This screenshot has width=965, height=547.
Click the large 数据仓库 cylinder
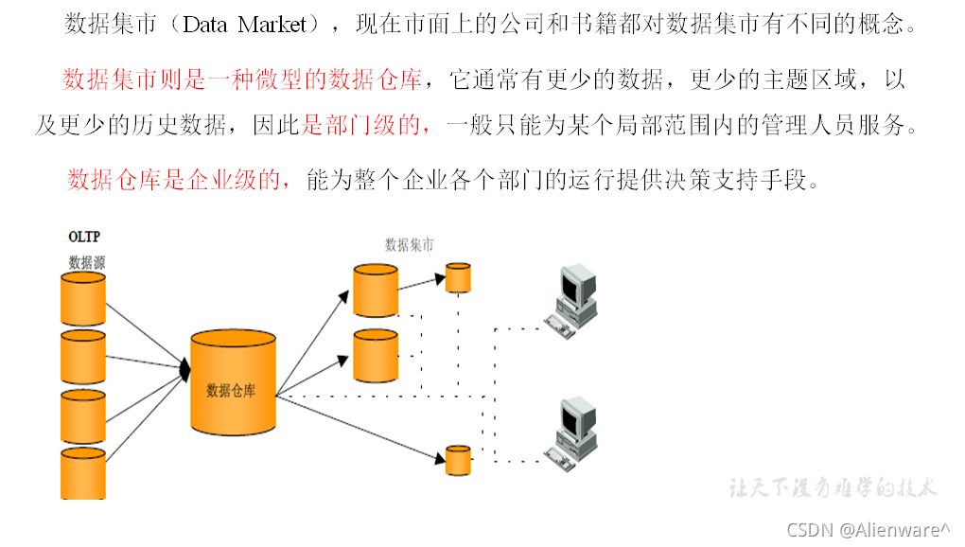pos(233,382)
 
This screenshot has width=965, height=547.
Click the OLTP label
pos(84,237)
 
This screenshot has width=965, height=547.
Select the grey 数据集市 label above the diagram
pos(409,244)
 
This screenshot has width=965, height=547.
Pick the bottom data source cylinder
pos(83,473)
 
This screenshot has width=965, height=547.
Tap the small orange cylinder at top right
pos(458,278)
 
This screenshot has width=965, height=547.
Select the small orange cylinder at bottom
pos(458,460)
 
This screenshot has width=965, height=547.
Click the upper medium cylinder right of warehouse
pos(376,291)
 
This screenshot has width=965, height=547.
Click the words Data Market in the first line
pos(245,25)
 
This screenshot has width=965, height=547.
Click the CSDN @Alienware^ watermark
pos(868,530)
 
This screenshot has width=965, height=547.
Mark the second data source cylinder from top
pos(83,356)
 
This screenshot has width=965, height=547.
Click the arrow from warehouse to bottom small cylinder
pos(360,430)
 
